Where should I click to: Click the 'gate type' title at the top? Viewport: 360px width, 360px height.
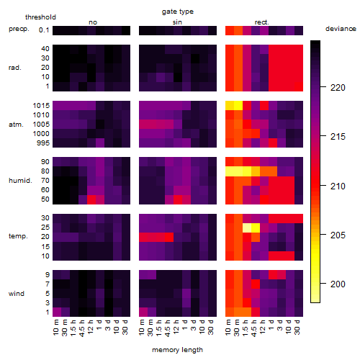[178, 12]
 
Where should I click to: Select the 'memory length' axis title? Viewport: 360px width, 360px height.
[177, 350]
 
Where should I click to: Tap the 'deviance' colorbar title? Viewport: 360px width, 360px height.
[341, 29]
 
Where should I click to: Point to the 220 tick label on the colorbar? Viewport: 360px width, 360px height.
[338, 88]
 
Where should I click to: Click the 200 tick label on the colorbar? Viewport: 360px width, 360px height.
[338, 284]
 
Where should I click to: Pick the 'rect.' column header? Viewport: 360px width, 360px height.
[261, 22]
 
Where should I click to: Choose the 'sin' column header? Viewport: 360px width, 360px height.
[177, 22]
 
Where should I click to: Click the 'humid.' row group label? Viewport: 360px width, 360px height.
[20, 181]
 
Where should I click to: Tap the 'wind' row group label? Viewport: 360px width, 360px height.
[17, 294]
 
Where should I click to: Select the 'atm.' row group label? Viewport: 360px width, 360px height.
[16, 125]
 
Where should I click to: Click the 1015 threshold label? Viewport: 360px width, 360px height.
[41, 106]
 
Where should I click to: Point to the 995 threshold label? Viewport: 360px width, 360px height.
[43, 143]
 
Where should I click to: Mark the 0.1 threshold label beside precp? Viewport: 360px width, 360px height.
[44, 30]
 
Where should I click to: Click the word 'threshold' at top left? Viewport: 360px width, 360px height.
[40, 17]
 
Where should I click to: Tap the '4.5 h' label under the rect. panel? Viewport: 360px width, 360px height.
[253, 328]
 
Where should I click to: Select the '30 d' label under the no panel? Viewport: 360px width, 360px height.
[125, 327]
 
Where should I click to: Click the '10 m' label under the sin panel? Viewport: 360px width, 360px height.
[142, 327]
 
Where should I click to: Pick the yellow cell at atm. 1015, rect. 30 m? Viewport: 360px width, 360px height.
[238, 106]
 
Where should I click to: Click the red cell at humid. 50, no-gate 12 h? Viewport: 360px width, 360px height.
[91, 199]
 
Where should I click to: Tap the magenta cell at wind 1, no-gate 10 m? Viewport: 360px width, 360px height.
[57, 312]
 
